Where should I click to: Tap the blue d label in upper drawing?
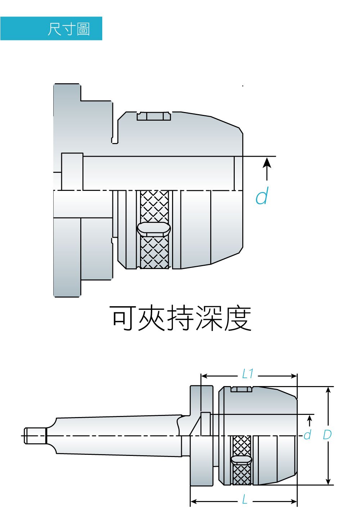[262, 197]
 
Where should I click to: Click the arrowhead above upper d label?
[267, 162]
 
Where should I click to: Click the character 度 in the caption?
[238, 318]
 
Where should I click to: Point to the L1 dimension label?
[248, 374]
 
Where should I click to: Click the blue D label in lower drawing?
[327, 435]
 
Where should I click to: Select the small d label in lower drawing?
[307, 435]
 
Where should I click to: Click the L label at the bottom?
[245, 500]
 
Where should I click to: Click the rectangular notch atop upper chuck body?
[154, 116]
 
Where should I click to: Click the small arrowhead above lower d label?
[309, 418]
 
